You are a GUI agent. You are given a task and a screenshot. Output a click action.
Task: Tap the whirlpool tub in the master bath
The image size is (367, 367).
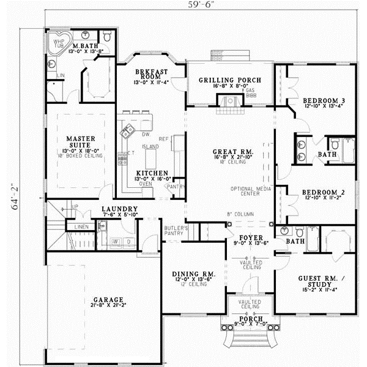click(x=59, y=43)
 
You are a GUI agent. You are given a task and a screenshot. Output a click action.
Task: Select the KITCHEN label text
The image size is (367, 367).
click(x=149, y=173)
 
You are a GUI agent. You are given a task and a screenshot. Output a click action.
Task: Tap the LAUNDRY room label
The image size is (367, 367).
click(x=120, y=209)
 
